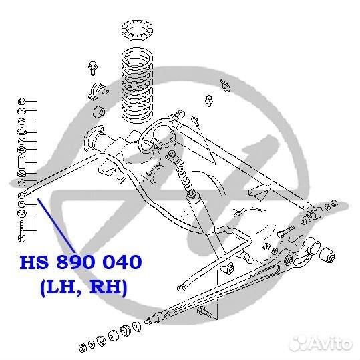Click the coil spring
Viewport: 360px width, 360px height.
(137, 85)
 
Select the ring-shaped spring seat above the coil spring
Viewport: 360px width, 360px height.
(137, 31)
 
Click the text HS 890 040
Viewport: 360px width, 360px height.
(81, 262)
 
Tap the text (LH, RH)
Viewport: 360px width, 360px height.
(83, 287)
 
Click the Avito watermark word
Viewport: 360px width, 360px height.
(331, 344)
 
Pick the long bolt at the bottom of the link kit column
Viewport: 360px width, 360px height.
(21, 231)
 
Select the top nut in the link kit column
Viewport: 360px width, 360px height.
(21, 101)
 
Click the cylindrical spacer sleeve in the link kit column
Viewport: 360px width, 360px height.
(22, 162)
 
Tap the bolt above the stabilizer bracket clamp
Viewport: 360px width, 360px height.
(92, 68)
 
